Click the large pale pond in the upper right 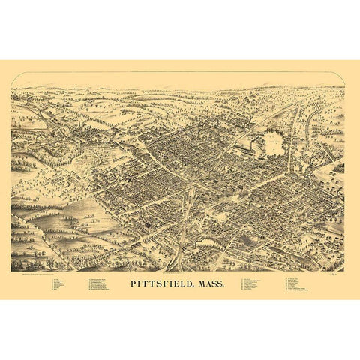[274, 142]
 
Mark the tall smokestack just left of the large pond [260, 135]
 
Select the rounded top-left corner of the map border [13, 76]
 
